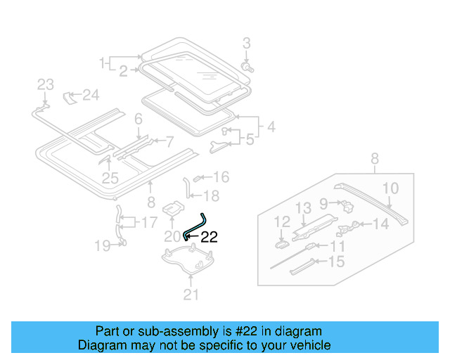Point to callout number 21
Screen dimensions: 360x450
coord(191,295)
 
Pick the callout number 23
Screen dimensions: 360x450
coord(45,85)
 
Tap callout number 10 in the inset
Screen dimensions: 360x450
coord(390,188)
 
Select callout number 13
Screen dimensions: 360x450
coord(302,207)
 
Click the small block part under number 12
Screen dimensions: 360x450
coord(281,244)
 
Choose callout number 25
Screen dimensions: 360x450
coord(110,179)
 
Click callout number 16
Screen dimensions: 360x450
coord(221,177)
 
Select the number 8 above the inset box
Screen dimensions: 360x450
coord(374,158)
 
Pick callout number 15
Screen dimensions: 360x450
coord(337,262)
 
